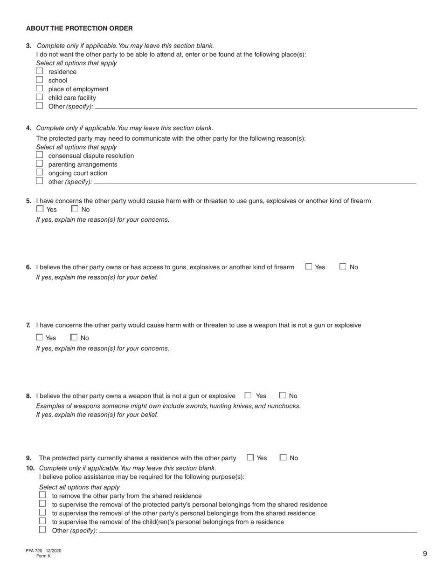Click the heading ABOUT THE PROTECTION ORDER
79,28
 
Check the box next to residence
40,71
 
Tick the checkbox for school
40,80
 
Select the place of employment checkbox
40,89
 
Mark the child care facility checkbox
40,97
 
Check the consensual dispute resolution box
40,155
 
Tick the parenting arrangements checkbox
40,164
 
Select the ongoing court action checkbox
40,172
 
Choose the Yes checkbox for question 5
40,209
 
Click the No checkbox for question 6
343,267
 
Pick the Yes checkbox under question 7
40,337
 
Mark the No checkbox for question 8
282,396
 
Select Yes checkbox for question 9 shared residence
250,457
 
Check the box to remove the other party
42,495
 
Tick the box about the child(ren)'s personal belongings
42,521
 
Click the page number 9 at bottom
425,553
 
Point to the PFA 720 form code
35,551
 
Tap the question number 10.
30,468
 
